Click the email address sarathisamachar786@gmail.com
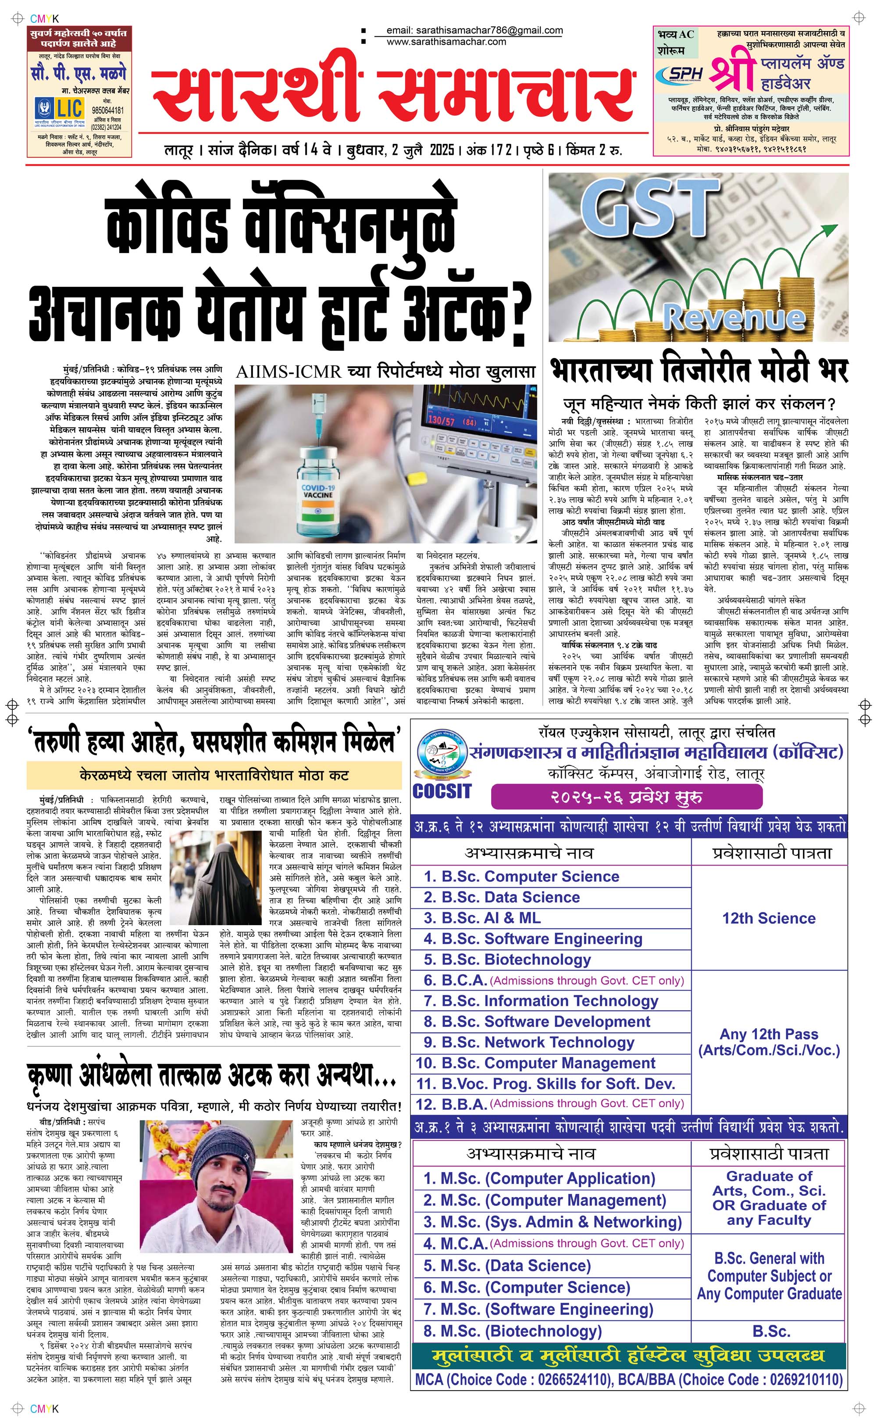click(474, 31)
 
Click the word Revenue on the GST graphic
click(734, 317)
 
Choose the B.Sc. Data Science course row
click(502, 897)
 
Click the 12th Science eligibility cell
click(769, 918)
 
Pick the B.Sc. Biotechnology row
click(507, 959)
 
